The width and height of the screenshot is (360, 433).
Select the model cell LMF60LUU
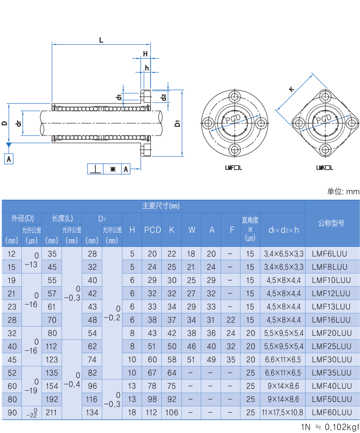[331, 413]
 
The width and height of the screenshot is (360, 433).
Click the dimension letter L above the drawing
[101, 40]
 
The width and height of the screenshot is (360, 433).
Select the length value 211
[52, 413]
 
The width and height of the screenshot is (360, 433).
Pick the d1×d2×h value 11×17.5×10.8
[283, 413]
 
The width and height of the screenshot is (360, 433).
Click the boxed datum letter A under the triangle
[9, 158]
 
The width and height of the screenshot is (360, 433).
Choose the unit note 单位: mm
[343, 191]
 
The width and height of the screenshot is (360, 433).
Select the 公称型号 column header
[331, 223]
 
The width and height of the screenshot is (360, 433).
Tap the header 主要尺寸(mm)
[161, 206]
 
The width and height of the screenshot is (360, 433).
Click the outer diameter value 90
[12, 413]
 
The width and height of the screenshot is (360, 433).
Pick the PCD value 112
[152, 413]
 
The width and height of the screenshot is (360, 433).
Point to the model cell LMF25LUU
[331, 346]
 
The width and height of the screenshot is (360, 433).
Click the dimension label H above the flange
[145, 53]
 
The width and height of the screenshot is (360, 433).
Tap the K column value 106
[171, 413]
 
